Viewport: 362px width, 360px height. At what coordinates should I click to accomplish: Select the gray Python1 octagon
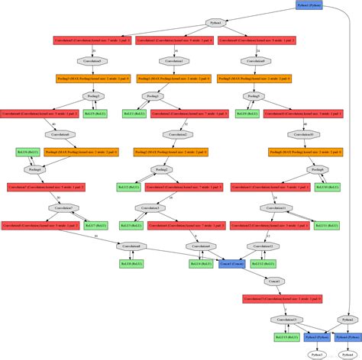coord(216,23)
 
